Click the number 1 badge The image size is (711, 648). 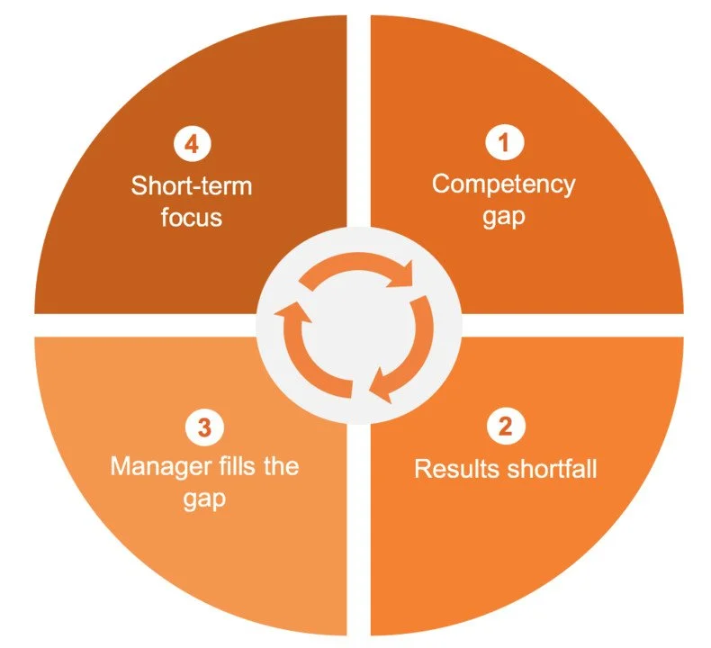point(503,142)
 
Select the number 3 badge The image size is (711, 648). point(204,427)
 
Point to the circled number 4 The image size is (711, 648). point(190,143)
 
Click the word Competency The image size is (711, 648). point(503,184)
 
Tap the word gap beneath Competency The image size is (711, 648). point(503,217)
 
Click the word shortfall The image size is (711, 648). point(551,468)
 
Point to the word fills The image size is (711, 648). point(232,466)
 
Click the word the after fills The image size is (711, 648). point(279,466)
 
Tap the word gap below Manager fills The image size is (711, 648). point(204,499)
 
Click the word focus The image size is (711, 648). point(191,217)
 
